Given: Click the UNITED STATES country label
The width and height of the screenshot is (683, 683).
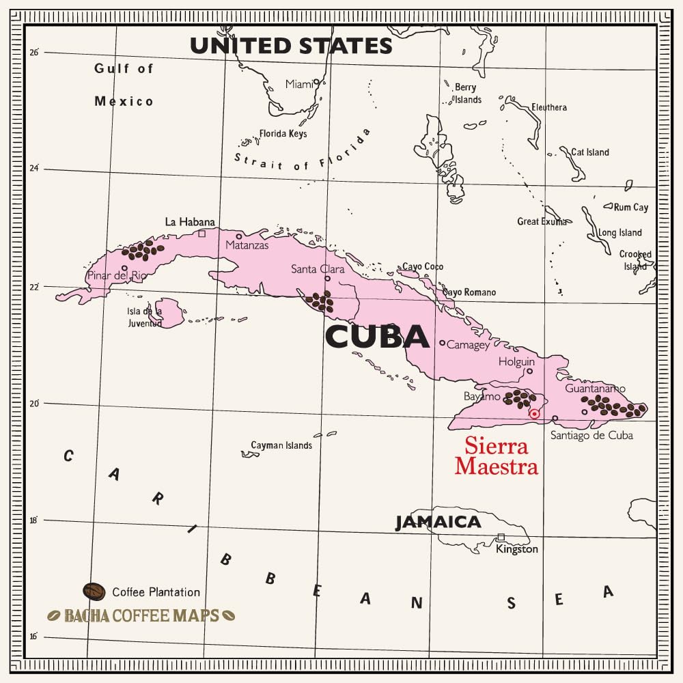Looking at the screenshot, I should coord(291,46).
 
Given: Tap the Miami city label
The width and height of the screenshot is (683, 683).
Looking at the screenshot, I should coord(299,84).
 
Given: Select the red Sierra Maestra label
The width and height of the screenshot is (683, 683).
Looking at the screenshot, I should coord(497,456).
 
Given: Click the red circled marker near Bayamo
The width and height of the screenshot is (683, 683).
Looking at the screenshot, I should coord(535,414).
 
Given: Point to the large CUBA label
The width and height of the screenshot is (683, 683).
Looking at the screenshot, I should coord(377,337).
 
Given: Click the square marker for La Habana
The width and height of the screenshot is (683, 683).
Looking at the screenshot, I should coord(202,234).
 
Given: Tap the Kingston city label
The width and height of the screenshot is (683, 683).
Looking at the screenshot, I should coord(517,549).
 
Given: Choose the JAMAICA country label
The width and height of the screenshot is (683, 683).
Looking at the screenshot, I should coord(438,522).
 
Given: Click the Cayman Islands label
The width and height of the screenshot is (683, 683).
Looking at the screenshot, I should coord(281,445).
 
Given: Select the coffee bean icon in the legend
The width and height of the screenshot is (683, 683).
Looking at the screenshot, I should coord(94,591).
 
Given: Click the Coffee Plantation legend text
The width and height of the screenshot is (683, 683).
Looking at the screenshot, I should coord(156,592).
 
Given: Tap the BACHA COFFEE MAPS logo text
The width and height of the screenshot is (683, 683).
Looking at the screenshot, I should coord(141,615).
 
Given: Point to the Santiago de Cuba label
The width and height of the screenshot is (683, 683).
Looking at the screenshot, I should coord(591,435).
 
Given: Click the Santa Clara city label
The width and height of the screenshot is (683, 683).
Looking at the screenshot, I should coord(318,269).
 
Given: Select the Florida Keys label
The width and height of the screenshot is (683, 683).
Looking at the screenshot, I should coord(283,134).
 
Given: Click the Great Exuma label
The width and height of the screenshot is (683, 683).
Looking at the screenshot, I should coord(542,221).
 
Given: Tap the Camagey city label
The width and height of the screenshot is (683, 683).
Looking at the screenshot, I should coord(468,345).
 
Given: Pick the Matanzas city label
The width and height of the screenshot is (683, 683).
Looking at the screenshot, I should coord(247,245).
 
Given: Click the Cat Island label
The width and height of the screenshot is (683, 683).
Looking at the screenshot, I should coord(590,152).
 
